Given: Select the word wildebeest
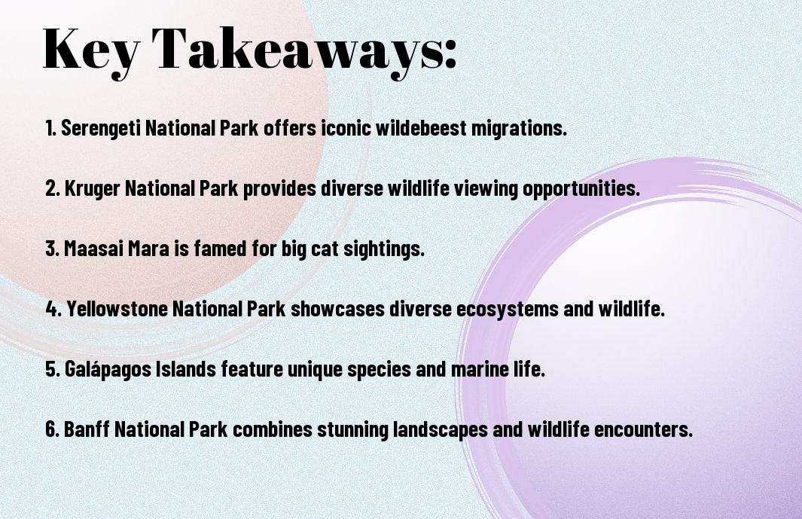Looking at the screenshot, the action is (421, 128).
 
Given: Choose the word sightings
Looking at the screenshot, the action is (383, 249).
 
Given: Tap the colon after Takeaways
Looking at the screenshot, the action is (450, 55).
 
